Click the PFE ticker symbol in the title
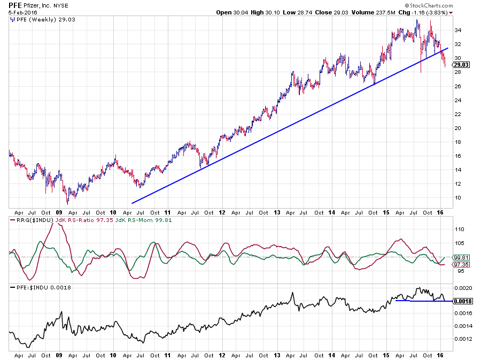coord(15,4)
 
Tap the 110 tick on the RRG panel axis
coord(459,228)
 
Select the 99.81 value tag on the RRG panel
coord(461,257)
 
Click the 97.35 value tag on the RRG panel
coord(461,264)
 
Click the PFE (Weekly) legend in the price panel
coord(34,19)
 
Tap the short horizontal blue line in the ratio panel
coord(423,301)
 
